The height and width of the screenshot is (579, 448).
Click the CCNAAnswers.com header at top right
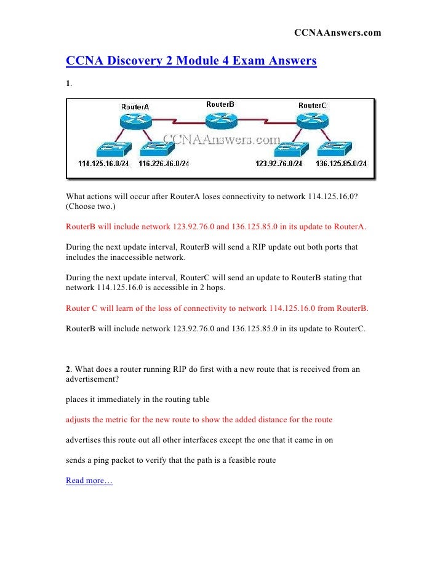point(337,32)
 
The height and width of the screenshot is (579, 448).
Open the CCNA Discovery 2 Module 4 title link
point(191,61)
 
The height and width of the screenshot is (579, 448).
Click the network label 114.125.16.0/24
point(103,163)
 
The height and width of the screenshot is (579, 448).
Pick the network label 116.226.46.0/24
point(164,163)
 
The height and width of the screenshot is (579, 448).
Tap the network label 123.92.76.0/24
point(278,163)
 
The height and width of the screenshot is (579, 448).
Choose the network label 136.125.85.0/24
point(340,163)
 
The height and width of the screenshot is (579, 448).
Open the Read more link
point(89,481)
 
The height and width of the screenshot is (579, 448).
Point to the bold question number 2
point(68,369)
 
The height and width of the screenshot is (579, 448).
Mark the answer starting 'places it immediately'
point(138,400)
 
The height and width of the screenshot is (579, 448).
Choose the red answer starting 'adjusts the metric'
point(199,420)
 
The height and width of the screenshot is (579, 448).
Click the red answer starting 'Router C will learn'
point(217,308)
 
